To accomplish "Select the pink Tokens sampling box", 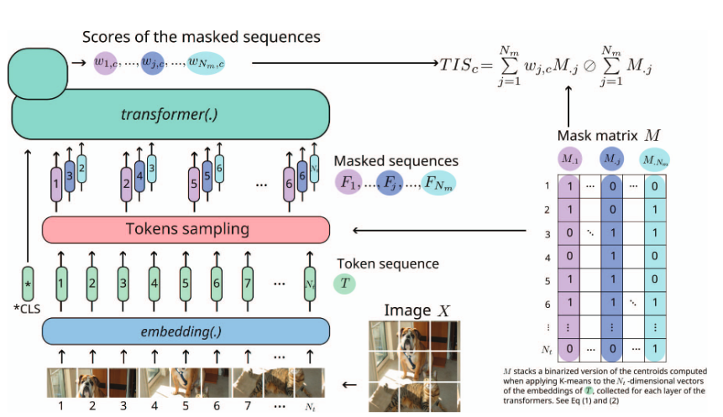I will click(186, 229).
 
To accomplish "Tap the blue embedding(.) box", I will click(186, 331).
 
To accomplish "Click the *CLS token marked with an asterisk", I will click(28, 284).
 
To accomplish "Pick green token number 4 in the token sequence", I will click(154, 284).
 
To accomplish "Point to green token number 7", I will click(247, 284).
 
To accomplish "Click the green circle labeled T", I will click(345, 284).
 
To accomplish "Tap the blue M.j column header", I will click(612, 158).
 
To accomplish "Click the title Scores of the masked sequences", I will click(201, 37).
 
